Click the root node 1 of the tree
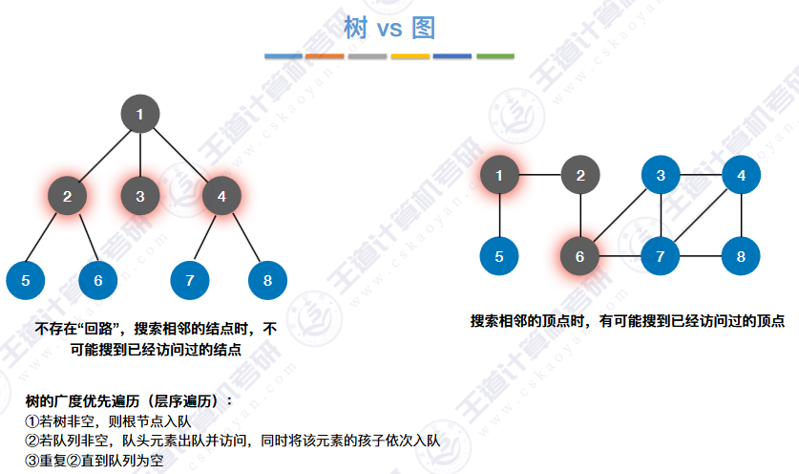[140, 115]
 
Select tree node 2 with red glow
[68, 197]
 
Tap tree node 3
[140, 197]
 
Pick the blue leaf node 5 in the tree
[26, 280]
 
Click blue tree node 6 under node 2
[98, 280]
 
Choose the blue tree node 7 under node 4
[190, 280]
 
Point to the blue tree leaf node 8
[267, 280]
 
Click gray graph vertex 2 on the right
[579, 175]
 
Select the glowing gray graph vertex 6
[579, 256]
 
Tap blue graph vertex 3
[660, 175]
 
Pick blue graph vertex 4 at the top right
[741, 175]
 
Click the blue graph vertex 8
[741, 256]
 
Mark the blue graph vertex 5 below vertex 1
[499, 256]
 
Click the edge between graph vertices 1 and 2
[539, 175]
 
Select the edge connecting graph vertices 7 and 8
[700, 256]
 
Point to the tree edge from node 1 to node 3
[140, 156]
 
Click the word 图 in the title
[424, 29]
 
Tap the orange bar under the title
[326, 56]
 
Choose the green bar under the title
[494, 56]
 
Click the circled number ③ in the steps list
[32, 461]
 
